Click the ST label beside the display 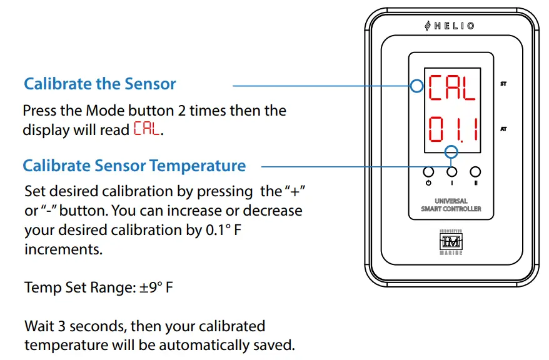(x=503, y=83)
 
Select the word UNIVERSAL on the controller (x=450, y=201)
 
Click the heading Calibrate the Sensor (x=100, y=84)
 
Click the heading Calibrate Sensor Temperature (x=134, y=166)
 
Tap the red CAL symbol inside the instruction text (x=147, y=130)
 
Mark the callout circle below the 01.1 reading (x=451, y=152)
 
